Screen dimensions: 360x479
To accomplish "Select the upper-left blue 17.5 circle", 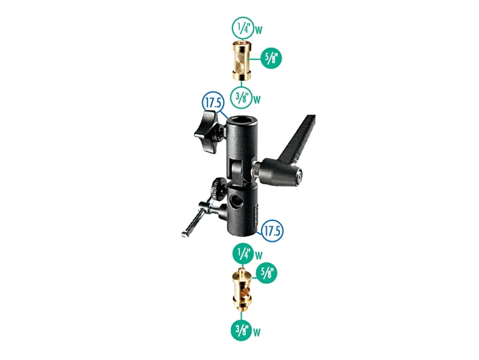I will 209,103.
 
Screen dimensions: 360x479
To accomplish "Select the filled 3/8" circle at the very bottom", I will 242,329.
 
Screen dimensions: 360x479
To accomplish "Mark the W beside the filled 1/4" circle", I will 259,255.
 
